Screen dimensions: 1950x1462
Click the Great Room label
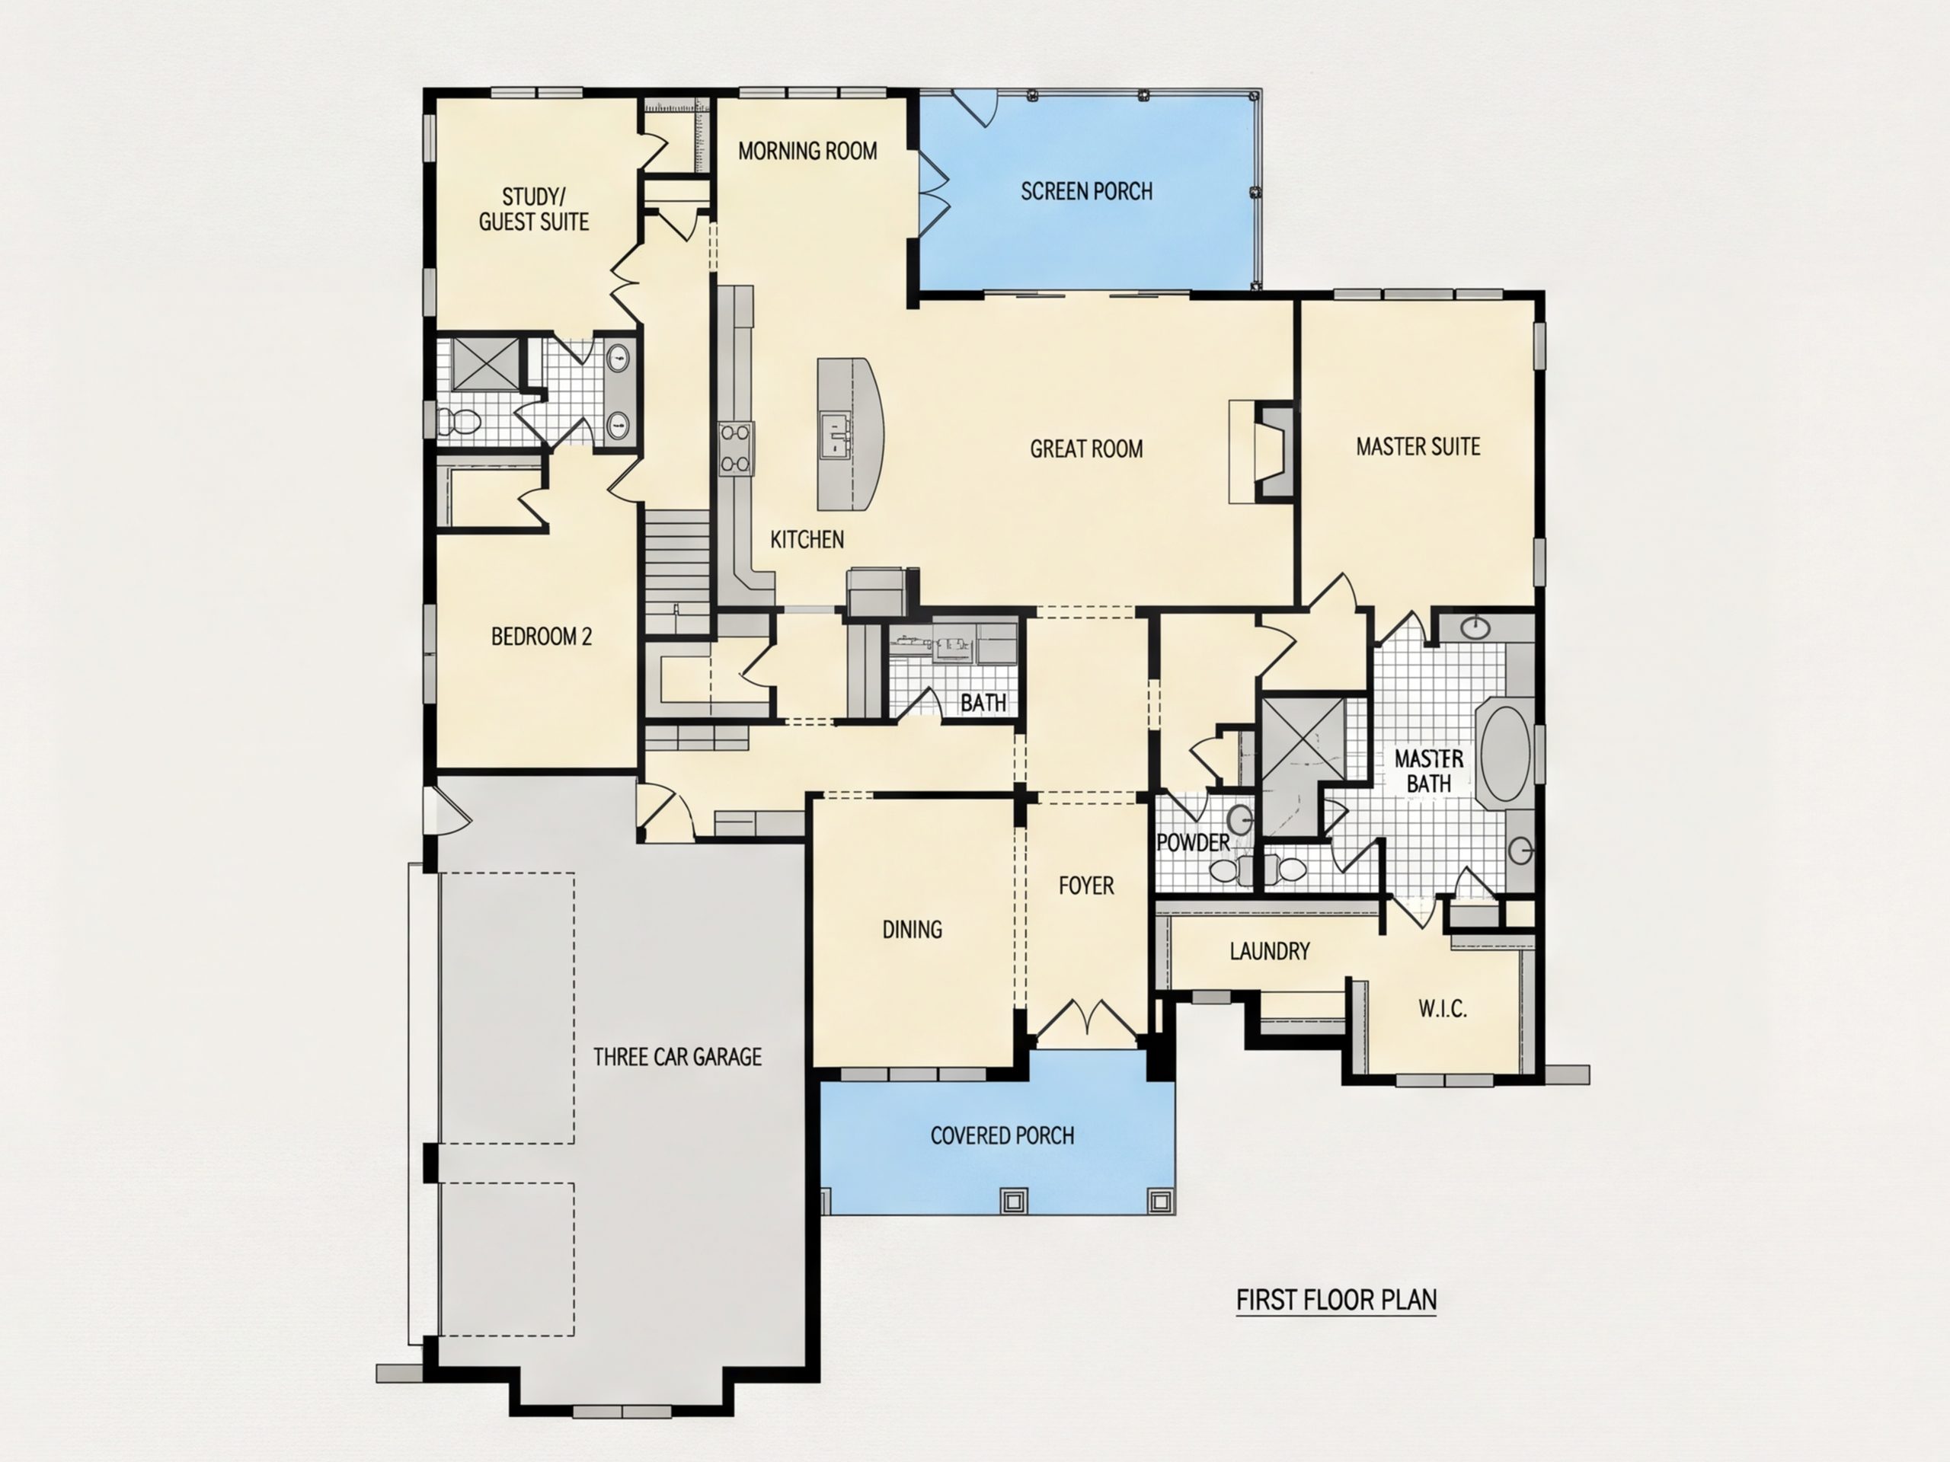tap(1086, 448)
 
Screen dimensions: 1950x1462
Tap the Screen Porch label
tap(1086, 191)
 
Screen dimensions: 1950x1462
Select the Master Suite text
tap(1418, 447)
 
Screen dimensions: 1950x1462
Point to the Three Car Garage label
tap(677, 1057)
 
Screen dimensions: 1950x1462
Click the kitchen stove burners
tap(736, 448)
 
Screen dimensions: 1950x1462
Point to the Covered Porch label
tap(1002, 1135)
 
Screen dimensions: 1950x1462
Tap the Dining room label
tap(913, 929)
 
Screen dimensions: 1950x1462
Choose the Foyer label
tap(1086, 885)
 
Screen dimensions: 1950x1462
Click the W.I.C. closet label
tap(1442, 1008)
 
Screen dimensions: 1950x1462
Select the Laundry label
tap(1270, 951)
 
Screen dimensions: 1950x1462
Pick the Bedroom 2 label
tap(542, 637)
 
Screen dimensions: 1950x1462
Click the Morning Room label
tap(807, 151)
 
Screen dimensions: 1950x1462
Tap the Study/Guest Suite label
tap(533, 209)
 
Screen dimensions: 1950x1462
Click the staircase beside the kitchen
tap(677, 572)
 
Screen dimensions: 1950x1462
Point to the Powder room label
tap(1193, 842)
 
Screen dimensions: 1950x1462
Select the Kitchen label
tap(807, 539)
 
